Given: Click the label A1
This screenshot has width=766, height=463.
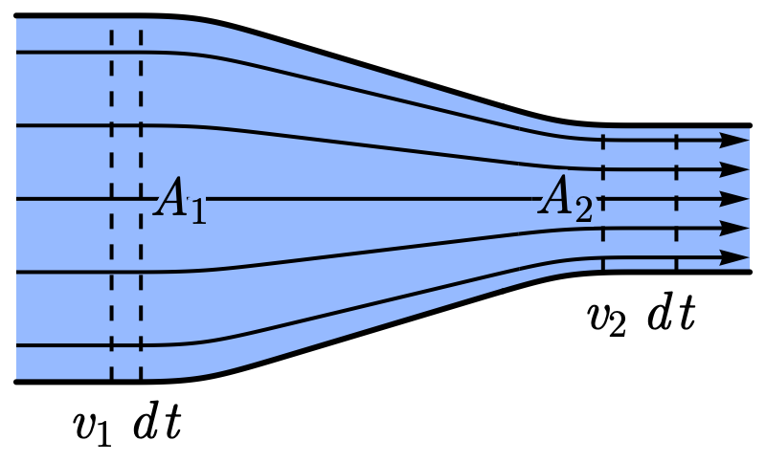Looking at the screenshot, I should [x=180, y=201].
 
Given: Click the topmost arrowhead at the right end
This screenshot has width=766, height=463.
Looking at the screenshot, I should [x=735, y=140].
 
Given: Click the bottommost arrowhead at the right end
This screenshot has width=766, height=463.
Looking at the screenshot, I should [x=735, y=258].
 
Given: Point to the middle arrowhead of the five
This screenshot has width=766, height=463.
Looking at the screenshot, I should [x=735, y=199].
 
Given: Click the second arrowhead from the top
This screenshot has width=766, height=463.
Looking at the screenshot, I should [x=735, y=169].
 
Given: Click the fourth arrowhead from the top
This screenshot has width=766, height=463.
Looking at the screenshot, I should [x=735, y=229].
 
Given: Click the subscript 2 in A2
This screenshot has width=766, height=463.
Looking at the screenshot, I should [x=583, y=210].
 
